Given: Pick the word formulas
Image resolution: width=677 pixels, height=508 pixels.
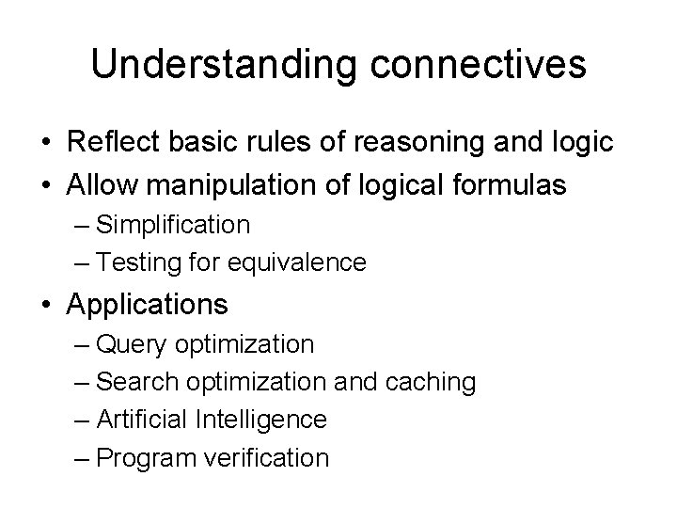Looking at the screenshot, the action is [x=514, y=184].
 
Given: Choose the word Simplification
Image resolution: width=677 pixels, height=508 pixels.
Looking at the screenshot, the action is [x=173, y=225].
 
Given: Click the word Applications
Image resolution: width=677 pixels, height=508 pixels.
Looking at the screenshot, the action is [x=148, y=305].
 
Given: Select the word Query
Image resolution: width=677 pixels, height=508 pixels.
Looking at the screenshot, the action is [x=130, y=345].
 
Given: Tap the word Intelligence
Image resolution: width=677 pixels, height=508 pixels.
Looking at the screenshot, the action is [x=261, y=420].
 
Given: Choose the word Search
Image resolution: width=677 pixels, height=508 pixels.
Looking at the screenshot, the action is [x=135, y=383].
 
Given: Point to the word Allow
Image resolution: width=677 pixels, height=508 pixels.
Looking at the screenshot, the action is [x=101, y=184].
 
